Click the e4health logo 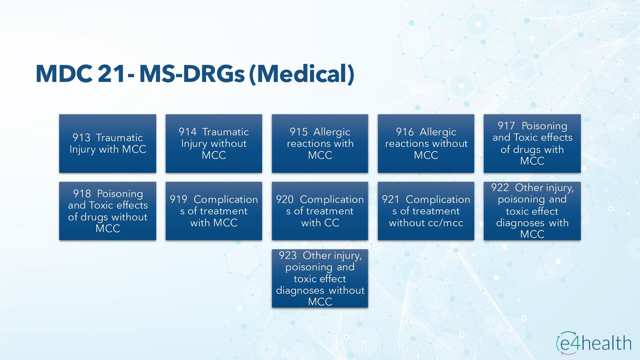594,343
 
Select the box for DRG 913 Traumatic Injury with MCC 108,144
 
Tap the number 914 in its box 188,132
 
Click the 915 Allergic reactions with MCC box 320,144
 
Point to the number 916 405,132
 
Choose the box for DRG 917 532,144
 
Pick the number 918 82,194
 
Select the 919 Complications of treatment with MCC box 214,211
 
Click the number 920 285,199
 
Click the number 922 500,188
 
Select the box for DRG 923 320,278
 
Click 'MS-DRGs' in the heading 192,74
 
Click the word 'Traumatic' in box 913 119,138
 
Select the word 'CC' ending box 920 332,223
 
